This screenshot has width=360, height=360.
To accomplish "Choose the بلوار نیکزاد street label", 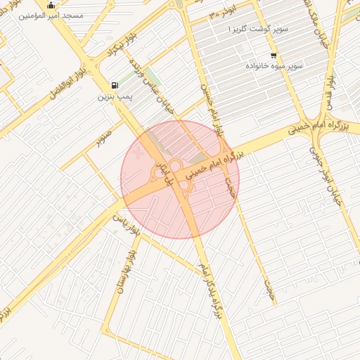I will tap(108, 50).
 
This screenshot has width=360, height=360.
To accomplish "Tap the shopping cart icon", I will tap(273, 56).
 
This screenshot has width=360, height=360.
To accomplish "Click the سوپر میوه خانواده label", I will tap(274, 65).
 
